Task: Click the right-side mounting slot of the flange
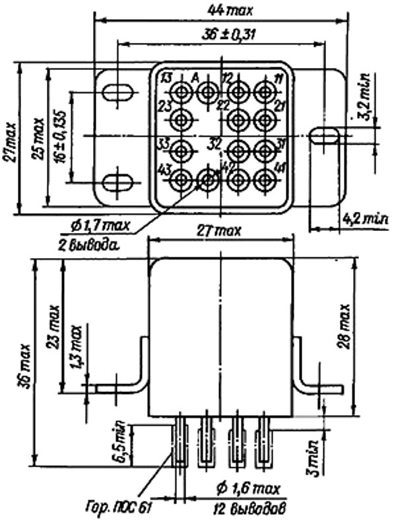point(325,136)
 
